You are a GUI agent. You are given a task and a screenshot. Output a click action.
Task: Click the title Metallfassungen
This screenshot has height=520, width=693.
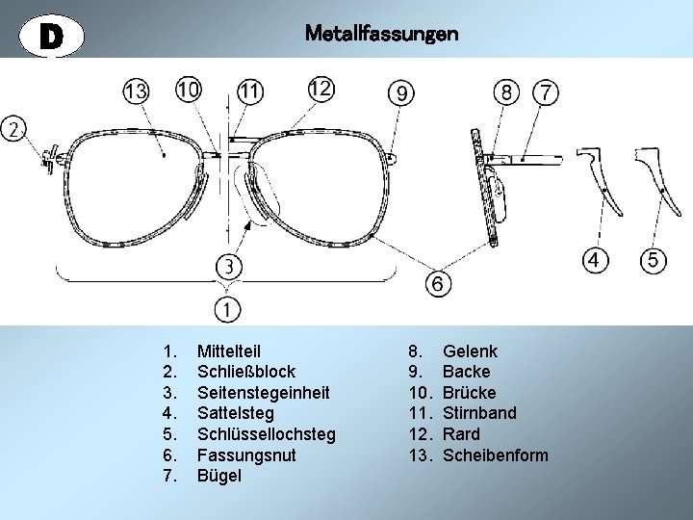click(381, 34)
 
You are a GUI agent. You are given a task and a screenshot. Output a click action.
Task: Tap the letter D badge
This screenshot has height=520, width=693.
click(52, 36)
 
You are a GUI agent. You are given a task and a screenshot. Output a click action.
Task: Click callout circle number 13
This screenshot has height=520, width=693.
click(136, 91)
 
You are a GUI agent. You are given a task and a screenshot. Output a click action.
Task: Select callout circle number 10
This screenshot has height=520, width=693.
click(189, 90)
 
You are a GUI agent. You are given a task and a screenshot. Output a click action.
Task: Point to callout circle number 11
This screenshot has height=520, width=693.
click(250, 91)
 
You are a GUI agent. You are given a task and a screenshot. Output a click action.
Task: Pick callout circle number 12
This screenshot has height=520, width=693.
click(321, 89)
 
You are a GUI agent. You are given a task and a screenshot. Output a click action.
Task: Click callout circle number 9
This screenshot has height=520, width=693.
click(401, 92)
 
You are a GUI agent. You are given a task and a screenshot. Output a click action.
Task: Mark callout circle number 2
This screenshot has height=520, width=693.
click(14, 128)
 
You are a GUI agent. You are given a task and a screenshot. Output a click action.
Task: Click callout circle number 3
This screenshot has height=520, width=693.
click(228, 264)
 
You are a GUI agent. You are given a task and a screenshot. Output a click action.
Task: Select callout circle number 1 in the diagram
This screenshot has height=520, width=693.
click(228, 309)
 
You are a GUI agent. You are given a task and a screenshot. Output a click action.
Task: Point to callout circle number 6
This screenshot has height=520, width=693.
click(437, 284)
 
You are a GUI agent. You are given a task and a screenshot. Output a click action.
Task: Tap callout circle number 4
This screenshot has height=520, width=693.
click(597, 260)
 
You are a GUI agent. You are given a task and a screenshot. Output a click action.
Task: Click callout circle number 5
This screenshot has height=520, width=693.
click(654, 260)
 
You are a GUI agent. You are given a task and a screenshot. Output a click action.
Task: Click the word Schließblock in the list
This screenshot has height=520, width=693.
click(245, 372)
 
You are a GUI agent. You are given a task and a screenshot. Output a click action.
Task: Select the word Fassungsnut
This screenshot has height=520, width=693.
click(246, 455)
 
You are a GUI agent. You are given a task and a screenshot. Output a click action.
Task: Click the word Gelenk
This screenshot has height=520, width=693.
click(470, 351)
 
